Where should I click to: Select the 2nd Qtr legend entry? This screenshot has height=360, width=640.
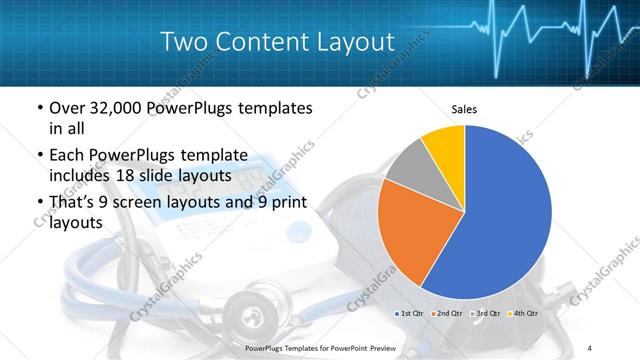[449, 314]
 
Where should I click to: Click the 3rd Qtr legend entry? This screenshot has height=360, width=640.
[487, 314]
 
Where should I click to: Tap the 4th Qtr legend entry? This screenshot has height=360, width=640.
[524, 314]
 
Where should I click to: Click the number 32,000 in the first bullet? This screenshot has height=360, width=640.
[114, 108]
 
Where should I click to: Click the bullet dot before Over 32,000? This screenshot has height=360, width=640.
[38, 108]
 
